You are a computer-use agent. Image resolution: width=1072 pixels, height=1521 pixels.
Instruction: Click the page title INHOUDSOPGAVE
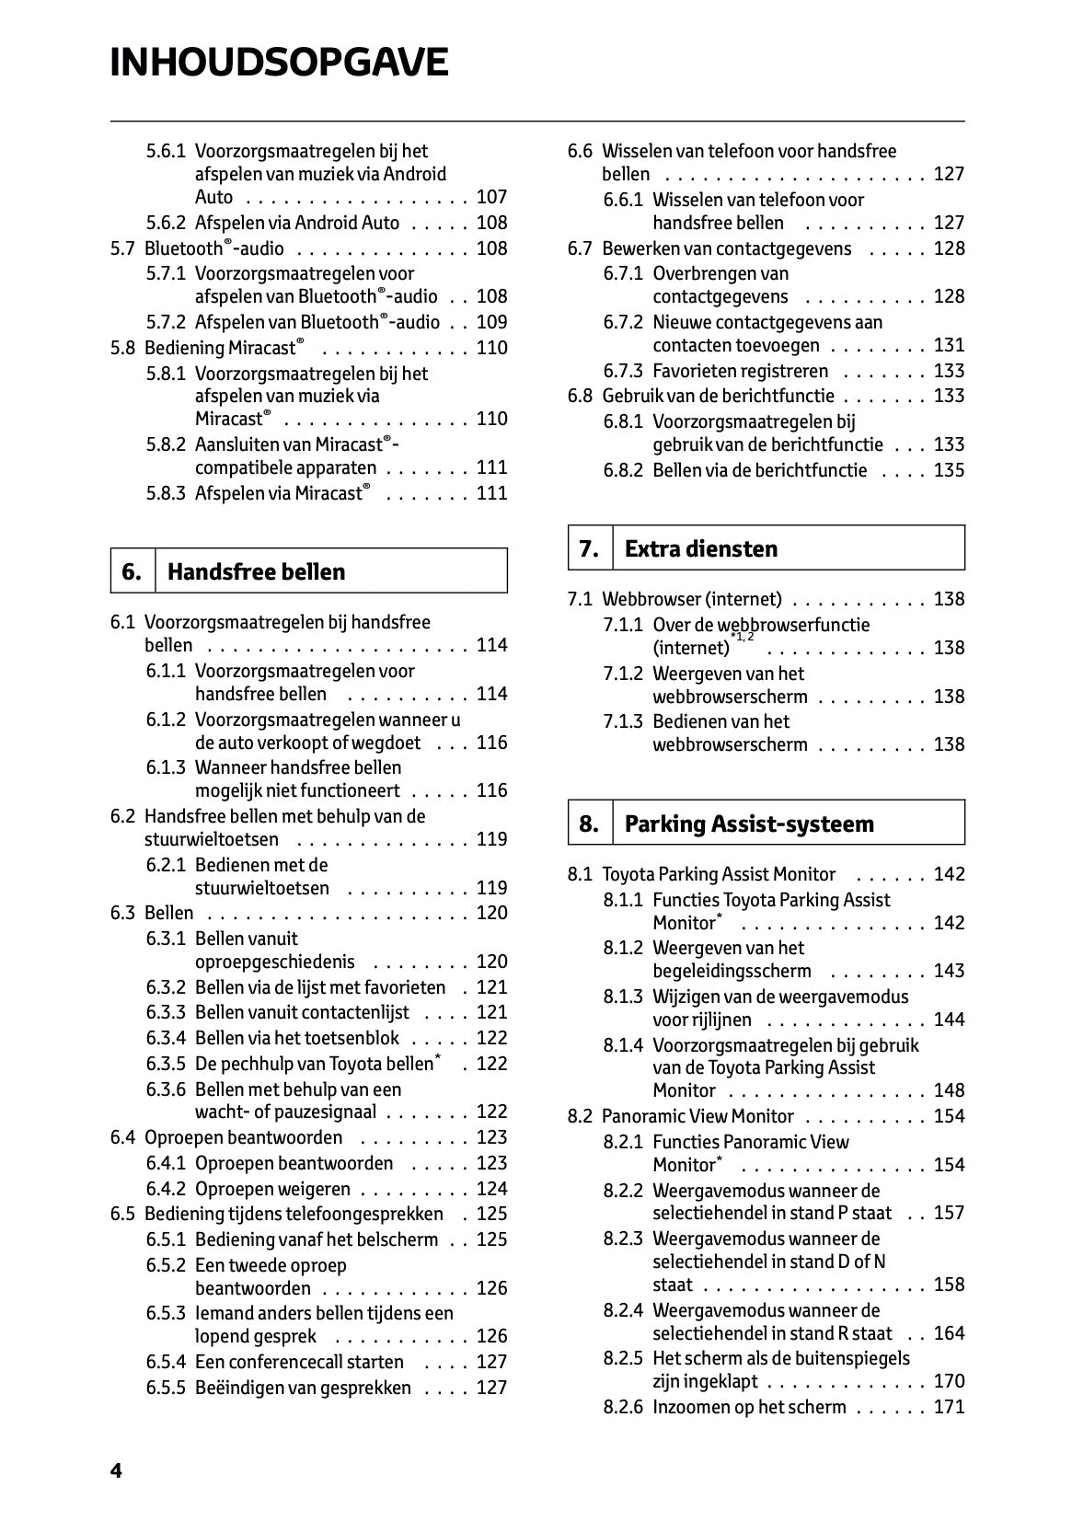pyautogui.click(x=279, y=63)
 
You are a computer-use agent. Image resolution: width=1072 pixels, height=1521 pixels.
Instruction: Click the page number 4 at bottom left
pyautogui.click(x=116, y=1470)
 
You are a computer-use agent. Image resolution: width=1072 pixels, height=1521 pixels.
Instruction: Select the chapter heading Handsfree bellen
pyautogui.click(x=256, y=571)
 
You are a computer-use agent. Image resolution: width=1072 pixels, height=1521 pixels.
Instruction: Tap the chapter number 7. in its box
pyautogui.click(x=589, y=548)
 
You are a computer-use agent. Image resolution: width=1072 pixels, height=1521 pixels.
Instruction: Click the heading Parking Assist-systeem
pyautogui.click(x=749, y=824)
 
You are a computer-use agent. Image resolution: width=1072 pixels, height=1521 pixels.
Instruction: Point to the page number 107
pyautogui.click(x=491, y=197)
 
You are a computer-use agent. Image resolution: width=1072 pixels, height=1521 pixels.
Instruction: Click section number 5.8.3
pyautogui.click(x=166, y=493)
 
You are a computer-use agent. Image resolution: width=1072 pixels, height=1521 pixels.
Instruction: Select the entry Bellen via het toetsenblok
pyautogui.click(x=297, y=1038)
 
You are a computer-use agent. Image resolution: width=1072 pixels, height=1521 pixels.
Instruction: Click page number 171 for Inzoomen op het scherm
pyautogui.click(x=949, y=1407)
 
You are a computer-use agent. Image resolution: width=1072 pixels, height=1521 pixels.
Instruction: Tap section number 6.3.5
pyautogui.click(x=166, y=1064)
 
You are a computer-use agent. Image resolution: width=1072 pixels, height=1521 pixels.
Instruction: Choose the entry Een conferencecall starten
pyautogui.click(x=299, y=1362)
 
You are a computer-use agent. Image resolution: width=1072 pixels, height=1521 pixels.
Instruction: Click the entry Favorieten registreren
pyautogui.click(x=740, y=371)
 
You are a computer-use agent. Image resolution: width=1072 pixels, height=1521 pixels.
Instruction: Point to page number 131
pyautogui.click(x=949, y=345)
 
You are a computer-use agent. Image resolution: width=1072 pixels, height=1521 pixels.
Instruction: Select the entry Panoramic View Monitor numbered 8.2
pyautogui.click(x=697, y=1116)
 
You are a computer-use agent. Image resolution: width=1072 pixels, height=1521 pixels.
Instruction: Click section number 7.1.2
pyautogui.click(x=623, y=674)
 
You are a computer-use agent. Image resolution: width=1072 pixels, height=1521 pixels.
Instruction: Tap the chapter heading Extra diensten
pyautogui.click(x=700, y=548)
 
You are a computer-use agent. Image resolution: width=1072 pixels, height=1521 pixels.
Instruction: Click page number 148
pyautogui.click(x=949, y=1090)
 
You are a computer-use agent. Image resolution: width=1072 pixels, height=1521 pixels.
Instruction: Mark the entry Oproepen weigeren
pyautogui.click(x=272, y=1189)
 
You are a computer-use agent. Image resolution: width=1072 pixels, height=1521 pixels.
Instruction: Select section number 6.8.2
pyautogui.click(x=623, y=470)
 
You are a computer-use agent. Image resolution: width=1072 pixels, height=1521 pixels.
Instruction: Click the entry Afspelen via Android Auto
pyautogui.click(x=297, y=223)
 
